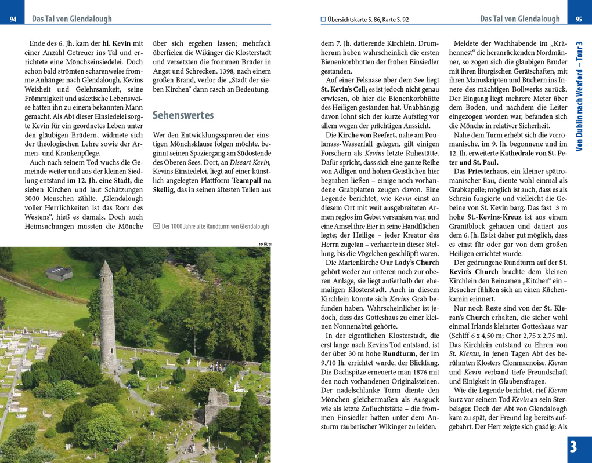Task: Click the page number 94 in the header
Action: [13, 20]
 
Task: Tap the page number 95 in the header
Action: [578, 20]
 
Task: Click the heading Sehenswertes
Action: [183, 115]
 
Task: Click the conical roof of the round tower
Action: [106, 269]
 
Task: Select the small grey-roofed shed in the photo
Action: [59, 273]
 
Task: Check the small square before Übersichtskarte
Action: [323, 19]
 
